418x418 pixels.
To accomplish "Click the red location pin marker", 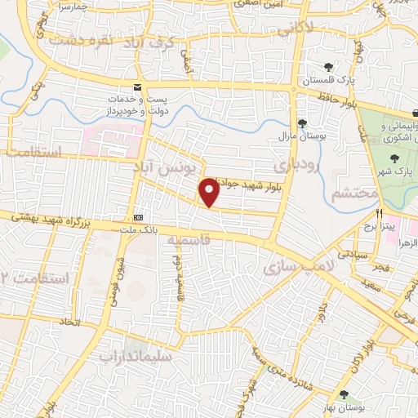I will point(210,193).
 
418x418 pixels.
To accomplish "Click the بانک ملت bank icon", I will point(139,218).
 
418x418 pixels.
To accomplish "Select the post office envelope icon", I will point(136,87).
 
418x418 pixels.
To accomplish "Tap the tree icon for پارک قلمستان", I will point(327,67).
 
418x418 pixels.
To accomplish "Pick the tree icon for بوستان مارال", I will point(303,123).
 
